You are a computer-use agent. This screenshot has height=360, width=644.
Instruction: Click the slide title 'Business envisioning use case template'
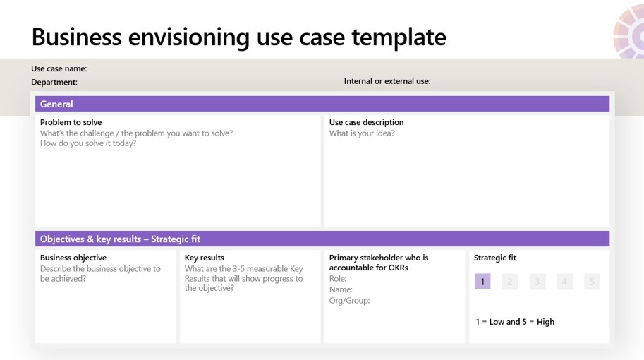point(238,36)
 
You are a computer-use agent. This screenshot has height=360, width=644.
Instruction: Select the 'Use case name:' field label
point(59,68)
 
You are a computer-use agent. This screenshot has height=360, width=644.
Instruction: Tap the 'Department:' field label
point(54,82)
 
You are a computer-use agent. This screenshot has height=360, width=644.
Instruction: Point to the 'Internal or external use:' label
point(387,81)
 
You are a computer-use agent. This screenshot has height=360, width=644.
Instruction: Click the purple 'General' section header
point(56,104)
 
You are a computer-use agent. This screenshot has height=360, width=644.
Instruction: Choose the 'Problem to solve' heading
point(71,122)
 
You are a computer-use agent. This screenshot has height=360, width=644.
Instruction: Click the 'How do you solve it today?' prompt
point(88,143)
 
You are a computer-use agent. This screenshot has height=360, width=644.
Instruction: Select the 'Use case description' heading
point(366,122)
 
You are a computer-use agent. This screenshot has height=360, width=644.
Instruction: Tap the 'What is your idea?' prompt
point(362,133)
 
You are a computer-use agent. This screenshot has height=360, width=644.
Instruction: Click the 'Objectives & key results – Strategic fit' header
point(120,239)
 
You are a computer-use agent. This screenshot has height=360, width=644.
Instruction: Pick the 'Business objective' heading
point(73,258)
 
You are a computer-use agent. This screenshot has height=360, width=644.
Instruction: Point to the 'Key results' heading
point(205,258)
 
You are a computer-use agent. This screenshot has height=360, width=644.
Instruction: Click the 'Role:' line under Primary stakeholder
point(338,279)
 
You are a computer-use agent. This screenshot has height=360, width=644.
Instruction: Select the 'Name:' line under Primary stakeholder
point(341,289)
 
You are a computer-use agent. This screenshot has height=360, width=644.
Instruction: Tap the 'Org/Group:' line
point(349,301)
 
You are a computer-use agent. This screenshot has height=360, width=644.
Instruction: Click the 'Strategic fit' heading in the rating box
point(495,258)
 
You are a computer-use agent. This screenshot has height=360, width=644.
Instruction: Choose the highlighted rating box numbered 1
point(482,282)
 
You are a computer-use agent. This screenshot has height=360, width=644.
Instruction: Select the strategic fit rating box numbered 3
point(537,282)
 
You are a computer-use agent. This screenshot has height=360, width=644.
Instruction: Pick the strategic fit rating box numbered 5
point(592,282)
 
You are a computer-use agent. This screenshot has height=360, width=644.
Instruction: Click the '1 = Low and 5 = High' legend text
point(515,322)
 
